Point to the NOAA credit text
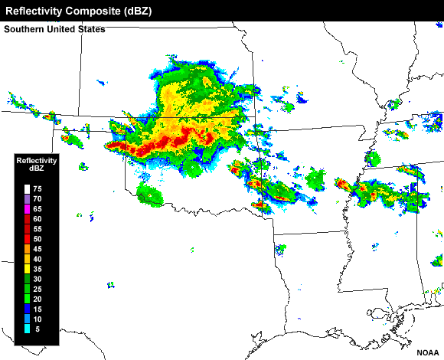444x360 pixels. tap(427, 353)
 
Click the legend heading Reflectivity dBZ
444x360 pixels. tap(37, 165)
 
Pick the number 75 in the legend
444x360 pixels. tap(38, 189)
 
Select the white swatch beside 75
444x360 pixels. tap(26, 189)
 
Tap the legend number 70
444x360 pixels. tap(38, 199)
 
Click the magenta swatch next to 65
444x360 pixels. tap(26, 209)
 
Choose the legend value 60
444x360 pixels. tap(38, 219)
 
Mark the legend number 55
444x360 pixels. tap(38, 229)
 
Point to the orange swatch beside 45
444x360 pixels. tap(26, 249)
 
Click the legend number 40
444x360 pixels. tap(38, 259)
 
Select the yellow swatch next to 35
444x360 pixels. tap(26, 269)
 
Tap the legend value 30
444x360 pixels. tap(38, 279)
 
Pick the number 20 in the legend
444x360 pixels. tap(38, 299)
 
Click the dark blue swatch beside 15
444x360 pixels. tap(26, 309)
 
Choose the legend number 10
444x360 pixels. tap(38, 319)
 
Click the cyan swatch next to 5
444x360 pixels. tap(26, 329)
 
